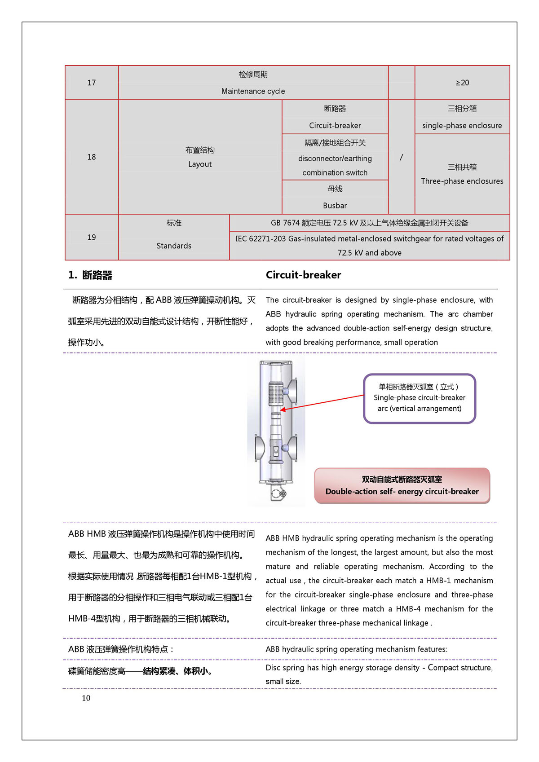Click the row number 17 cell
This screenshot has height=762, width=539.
click(92, 83)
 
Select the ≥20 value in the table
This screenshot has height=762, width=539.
click(462, 83)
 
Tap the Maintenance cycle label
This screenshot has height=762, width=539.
click(253, 91)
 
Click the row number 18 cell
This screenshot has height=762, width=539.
click(92, 157)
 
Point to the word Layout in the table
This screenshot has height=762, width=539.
click(200, 164)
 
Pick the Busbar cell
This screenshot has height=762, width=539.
click(335, 206)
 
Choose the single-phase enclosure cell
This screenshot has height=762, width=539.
click(462, 126)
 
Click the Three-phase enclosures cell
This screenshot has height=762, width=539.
click(462, 181)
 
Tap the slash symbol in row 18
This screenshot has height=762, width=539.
click(401, 157)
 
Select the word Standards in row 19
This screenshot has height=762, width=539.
click(174, 246)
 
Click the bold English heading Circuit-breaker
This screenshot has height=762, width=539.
click(303, 275)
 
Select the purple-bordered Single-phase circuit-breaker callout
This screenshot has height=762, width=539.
click(419, 398)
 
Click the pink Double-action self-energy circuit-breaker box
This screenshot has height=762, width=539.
click(402, 486)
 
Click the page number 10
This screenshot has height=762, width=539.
click(86, 698)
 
